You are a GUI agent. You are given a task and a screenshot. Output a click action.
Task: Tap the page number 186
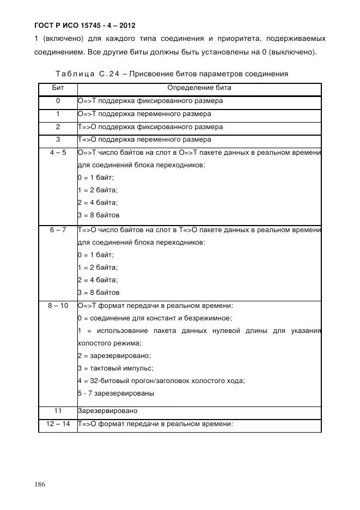pyautogui.click(x=39, y=484)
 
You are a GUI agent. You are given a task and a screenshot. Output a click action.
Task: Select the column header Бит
pyautogui.click(x=58, y=88)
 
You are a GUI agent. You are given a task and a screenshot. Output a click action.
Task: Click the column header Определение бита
pyautogui.click(x=199, y=88)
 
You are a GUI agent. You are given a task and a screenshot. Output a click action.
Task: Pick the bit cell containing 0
pyautogui.click(x=58, y=101)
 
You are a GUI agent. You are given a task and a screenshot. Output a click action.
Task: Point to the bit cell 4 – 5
pyautogui.click(x=58, y=153)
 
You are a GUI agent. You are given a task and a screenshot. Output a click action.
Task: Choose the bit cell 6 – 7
pyautogui.click(x=58, y=230)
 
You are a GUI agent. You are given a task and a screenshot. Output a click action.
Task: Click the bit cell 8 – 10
pyautogui.click(x=58, y=306)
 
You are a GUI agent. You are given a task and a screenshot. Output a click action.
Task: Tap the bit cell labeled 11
pyautogui.click(x=58, y=410)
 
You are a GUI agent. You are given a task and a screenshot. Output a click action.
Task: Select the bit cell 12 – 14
pyautogui.click(x=58, y=423)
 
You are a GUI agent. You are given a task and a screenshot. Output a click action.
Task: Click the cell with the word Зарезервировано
pyautogui.click(x=107, y=410)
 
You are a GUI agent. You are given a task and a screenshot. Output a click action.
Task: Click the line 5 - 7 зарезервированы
pyautogui.click(x=116, y=393)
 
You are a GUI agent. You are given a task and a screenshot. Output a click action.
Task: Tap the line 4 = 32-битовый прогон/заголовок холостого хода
pyautogui.click(x=161, y=381)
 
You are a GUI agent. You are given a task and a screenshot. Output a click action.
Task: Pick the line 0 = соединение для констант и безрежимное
pyautogui.click(x=155, y=318)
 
